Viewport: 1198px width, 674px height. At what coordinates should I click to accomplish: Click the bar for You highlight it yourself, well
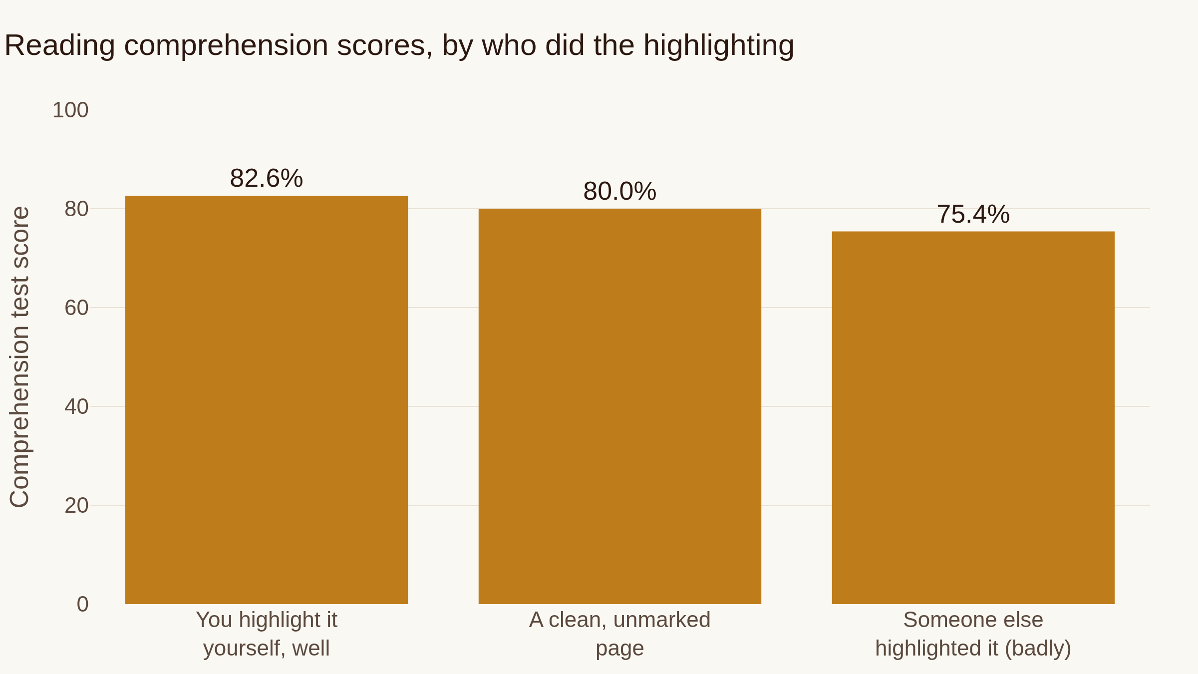(267, 400)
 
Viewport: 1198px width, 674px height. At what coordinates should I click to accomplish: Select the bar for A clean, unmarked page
(620, 406)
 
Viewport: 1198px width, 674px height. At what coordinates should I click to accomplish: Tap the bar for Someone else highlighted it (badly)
(973, 418)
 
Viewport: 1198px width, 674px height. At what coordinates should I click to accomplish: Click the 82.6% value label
(267, 178)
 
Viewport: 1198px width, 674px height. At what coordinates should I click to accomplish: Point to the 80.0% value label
(620, 191)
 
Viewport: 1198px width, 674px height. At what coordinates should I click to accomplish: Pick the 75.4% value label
(973, 214)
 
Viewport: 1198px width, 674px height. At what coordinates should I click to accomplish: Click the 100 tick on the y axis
(70, 110)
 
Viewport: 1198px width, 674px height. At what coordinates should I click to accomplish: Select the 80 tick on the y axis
(76, 209)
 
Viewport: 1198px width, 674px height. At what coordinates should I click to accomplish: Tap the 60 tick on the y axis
(76, 308)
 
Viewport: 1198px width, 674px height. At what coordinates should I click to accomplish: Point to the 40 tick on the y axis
(76, 406)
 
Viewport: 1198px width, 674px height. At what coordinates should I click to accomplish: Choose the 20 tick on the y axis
(76, 505)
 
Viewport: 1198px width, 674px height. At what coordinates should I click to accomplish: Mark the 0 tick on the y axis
(83, 604)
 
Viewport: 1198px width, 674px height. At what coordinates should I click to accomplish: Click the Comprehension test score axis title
(19, 357)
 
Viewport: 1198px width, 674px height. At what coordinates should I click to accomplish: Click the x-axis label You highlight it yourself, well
(267, 634)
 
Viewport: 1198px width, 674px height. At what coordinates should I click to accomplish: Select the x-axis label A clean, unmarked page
(620, 634)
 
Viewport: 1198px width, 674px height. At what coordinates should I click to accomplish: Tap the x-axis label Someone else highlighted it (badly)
(973, 634)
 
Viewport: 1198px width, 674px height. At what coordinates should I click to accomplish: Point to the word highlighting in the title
(719, 46)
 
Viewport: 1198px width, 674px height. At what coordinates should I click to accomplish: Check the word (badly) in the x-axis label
(1038, 649)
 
